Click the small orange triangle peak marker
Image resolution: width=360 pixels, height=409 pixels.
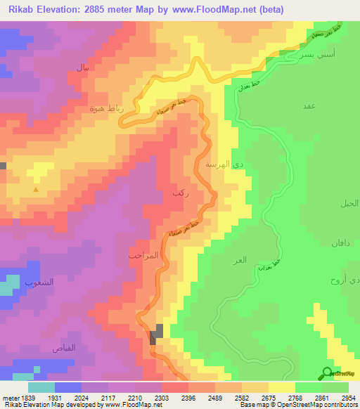36,189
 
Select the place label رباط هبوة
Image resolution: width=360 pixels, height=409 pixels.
106,108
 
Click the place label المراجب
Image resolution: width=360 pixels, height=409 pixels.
145,255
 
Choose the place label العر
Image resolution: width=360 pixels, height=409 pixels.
240,260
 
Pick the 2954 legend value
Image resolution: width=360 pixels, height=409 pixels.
349,397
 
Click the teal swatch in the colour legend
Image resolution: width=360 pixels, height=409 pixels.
41,387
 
